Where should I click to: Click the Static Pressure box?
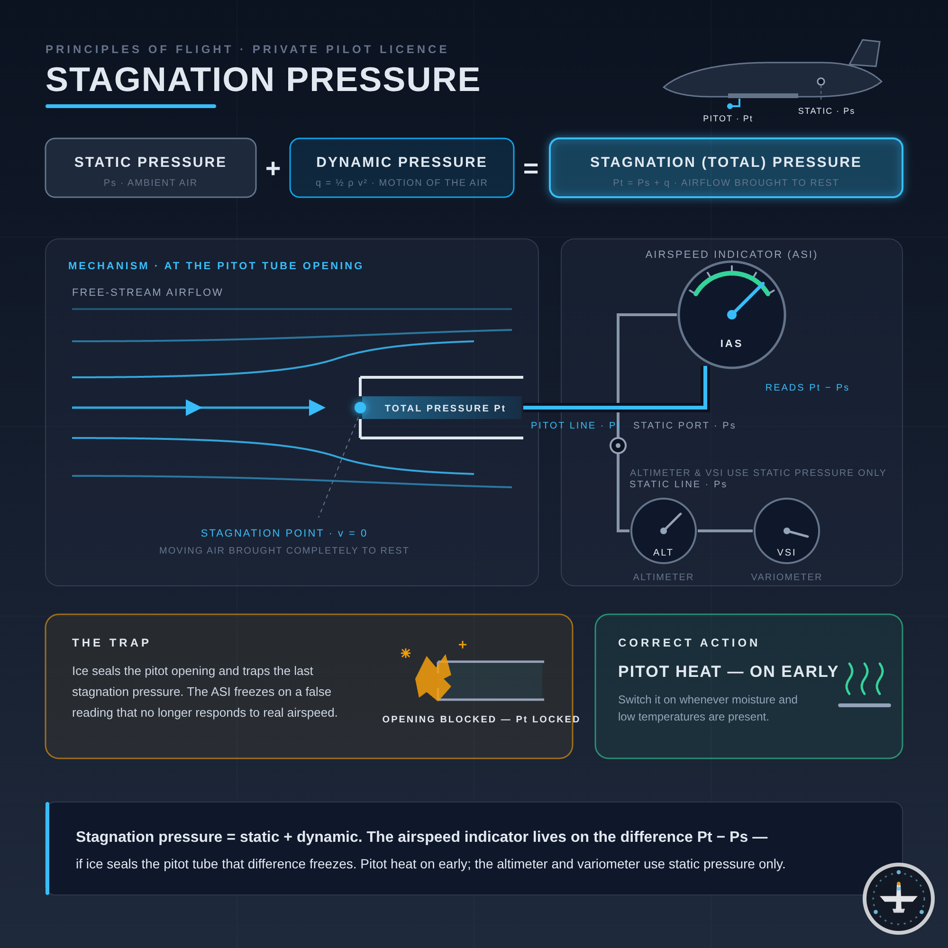click(151, 168)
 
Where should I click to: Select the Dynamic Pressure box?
click(402, 168)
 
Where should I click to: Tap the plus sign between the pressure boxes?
click(273, 168)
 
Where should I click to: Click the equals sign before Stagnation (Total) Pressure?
click(531, 168)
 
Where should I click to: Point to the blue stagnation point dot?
click(360, 408)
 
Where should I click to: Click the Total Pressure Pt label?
click(445, 408)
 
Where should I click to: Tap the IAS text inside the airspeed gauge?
click(731, 344)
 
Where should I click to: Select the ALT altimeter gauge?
click(664, 531)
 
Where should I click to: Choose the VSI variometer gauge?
click(786, 531)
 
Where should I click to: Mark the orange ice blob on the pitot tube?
click(433, 678)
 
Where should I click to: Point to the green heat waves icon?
click(865, 679)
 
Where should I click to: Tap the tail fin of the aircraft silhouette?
click(866, 53)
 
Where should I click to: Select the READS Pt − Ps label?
click(807, 388)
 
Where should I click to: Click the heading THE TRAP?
click(111, 643)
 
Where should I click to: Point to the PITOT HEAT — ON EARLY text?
click(728, 671)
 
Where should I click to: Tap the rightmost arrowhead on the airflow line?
click(317, 408)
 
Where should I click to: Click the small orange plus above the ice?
click(462, 645)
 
